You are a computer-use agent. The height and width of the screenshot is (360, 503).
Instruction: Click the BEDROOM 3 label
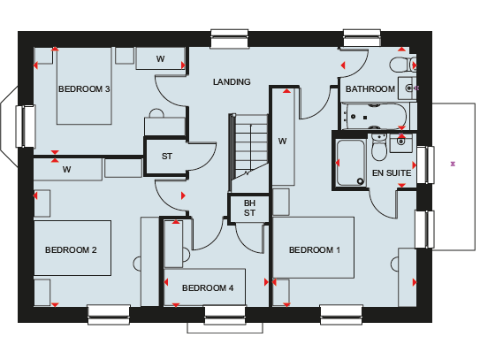(84, 88)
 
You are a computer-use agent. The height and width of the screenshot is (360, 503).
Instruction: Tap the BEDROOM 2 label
(71, 250)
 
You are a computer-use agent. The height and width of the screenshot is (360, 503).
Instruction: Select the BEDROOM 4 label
(208, 288)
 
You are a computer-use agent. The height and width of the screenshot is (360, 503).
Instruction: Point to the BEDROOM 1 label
(315, 250)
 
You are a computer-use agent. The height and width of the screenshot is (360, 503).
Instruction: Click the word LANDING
(232, 81)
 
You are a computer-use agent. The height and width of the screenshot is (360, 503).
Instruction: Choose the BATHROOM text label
(370, 88)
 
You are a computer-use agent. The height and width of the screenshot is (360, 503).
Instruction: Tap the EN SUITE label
(392, 173)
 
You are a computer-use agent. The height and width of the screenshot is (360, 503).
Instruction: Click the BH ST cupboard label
(249, 208)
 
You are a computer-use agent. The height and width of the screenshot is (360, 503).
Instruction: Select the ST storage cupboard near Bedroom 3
(167, 157)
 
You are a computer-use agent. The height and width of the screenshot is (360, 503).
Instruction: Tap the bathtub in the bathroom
(375, 116)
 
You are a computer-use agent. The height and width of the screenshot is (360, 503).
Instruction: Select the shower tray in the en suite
(350, 163)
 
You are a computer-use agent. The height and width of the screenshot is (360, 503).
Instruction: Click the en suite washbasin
(401, 142)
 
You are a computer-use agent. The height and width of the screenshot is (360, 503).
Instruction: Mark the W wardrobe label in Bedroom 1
(282, 142)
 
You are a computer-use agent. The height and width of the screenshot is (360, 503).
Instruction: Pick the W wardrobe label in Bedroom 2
(66, 170)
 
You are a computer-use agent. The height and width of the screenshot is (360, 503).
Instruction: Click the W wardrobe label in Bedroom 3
(160, 58)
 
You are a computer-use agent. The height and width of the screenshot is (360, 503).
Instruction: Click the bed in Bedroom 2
(72, 248)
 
